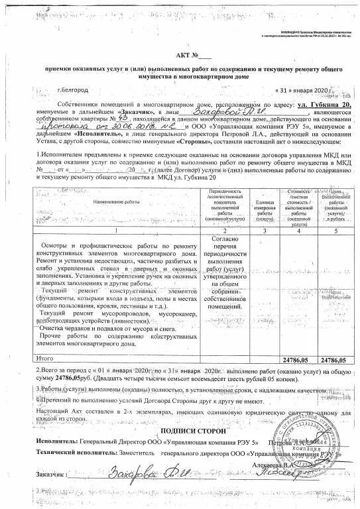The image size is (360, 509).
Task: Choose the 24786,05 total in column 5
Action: [333, 358]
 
